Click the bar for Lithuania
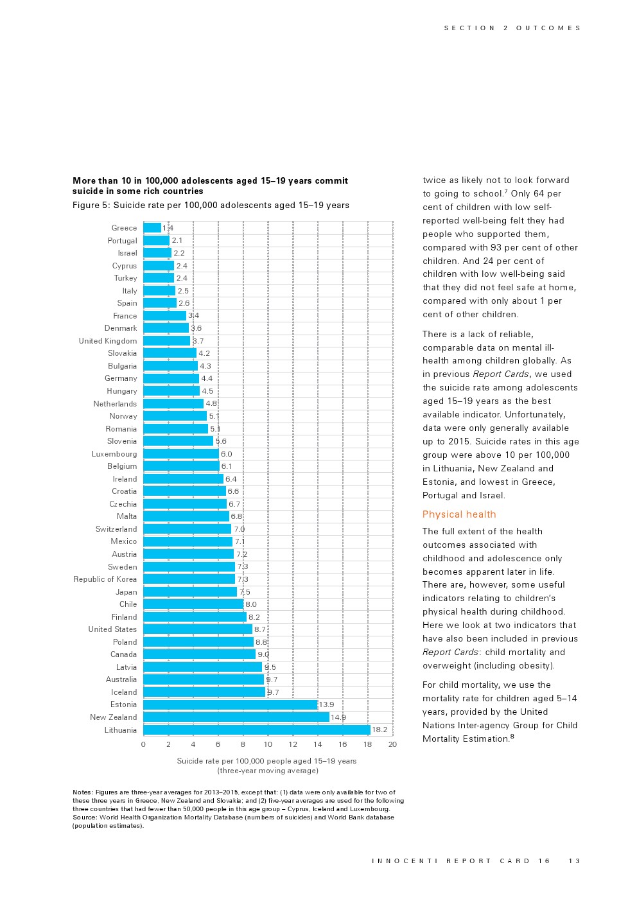point(256,730)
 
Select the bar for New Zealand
point(236,717)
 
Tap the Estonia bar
point(230,704)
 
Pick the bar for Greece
point(152,228)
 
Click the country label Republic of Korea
point(105,579)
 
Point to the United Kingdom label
point(108,341)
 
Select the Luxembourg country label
point(114,454)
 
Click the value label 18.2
point(380,730)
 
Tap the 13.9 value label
point(326,704)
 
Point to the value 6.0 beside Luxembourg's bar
point(227,454)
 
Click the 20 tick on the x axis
point(392,744)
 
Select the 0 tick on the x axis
point(143,744)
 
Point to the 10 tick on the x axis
point(268,744)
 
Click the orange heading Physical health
point(459,514)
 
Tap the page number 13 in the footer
point(574,861)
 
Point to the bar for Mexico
point(188,541)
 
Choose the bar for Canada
point(199,654)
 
